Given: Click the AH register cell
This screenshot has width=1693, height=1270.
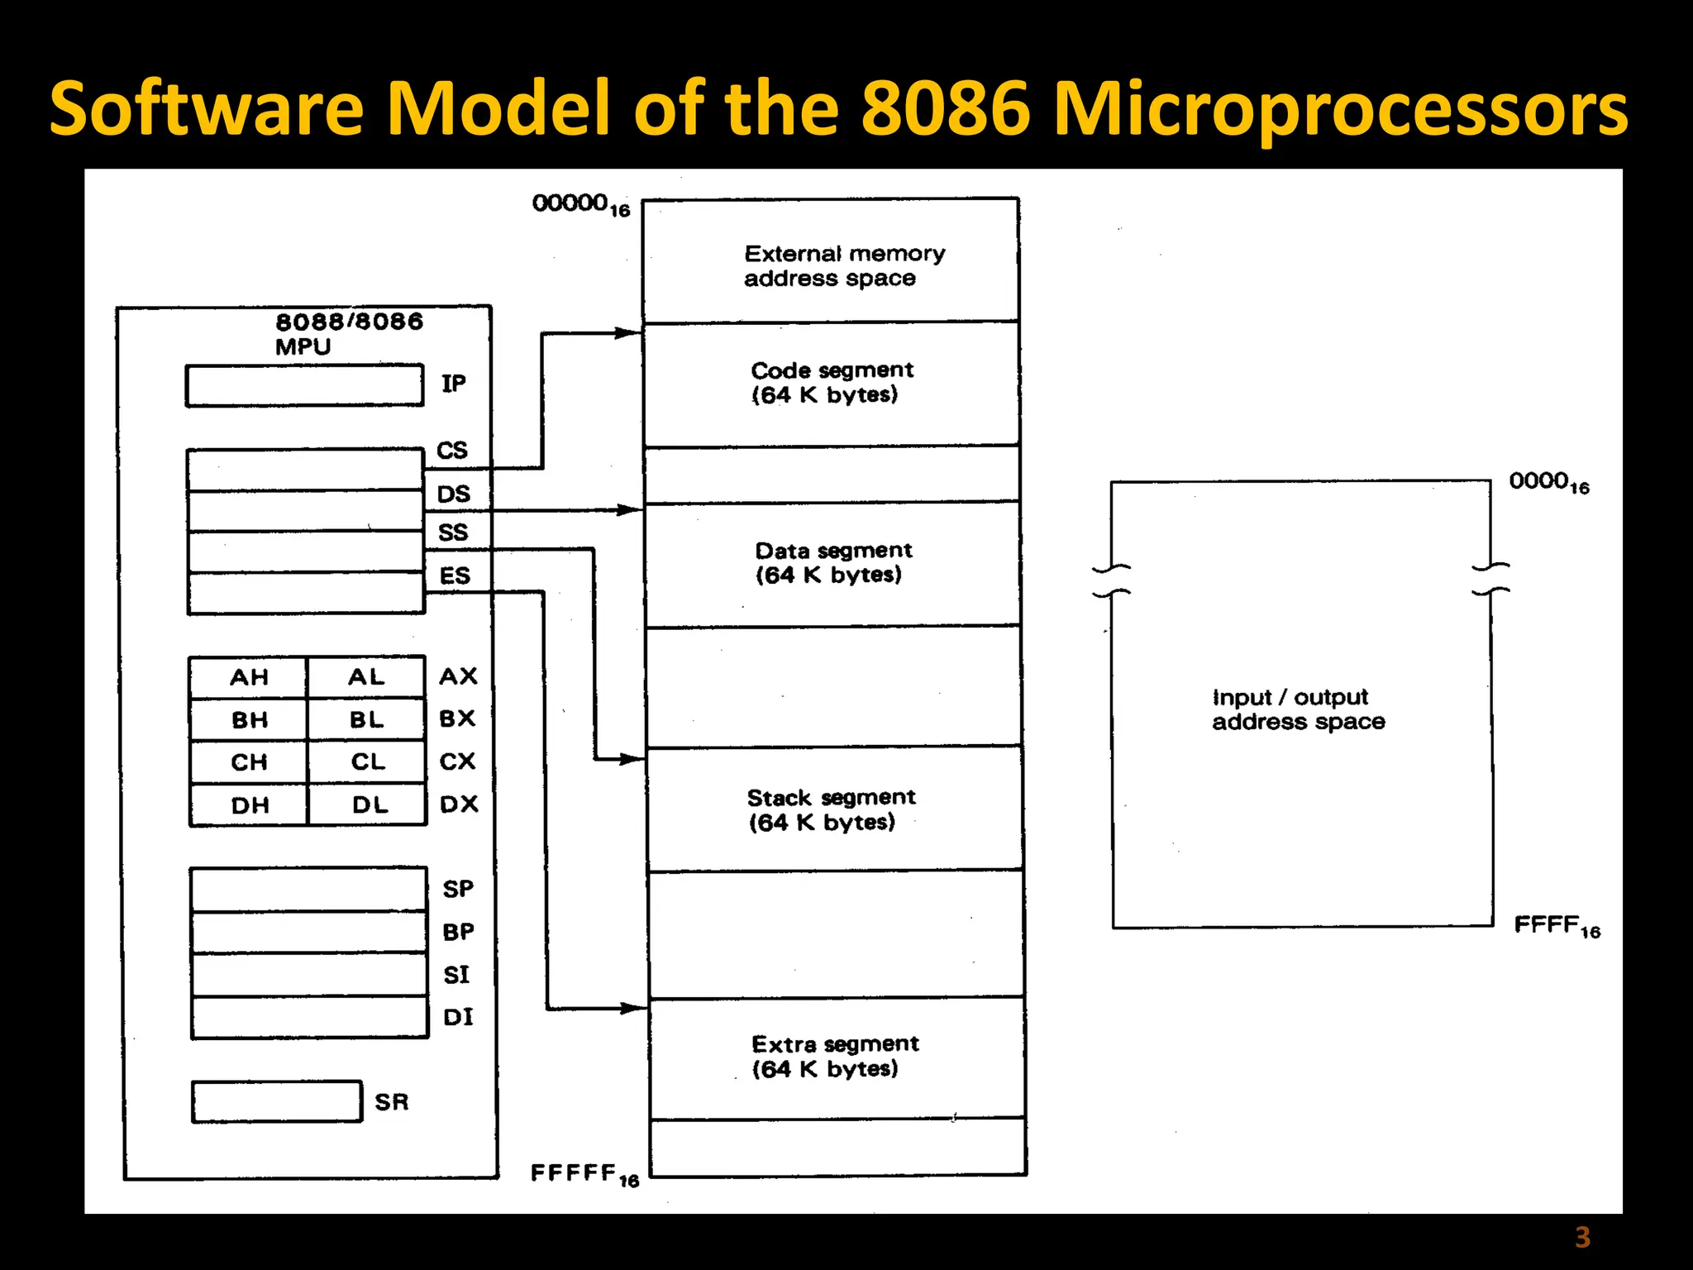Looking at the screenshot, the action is pos(248,678).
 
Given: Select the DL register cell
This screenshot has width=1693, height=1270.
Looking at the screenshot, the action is pos(370,804).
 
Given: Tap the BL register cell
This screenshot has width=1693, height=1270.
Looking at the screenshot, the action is pos(366,720).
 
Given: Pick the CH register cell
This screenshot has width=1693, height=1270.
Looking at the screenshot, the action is pos(248,762).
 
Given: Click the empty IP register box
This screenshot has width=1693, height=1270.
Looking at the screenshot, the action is pos(304,385).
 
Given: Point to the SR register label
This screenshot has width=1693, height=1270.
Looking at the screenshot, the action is pos(392,1102).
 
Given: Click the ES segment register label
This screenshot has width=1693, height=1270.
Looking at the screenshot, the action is pos(455,575).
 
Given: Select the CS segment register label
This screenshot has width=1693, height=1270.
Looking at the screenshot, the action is pos(452,451).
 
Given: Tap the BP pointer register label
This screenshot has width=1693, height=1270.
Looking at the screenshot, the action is pos(459,932).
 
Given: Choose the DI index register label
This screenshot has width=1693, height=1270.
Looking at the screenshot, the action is pos(459,1017).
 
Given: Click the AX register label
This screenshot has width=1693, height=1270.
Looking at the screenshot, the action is pos(459,676).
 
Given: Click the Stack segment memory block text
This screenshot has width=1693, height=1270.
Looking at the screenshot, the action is pos(830,809).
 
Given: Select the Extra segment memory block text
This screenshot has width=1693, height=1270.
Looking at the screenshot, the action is pos(833,1056).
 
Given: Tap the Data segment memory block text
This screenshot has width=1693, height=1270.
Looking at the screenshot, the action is pos(833,562).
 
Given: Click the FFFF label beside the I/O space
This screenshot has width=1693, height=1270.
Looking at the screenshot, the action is pos(1557,926).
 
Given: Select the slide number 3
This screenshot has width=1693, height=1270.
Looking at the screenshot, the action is pos(1582,1238).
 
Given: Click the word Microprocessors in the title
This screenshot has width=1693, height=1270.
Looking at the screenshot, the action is pos(1339,109).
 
